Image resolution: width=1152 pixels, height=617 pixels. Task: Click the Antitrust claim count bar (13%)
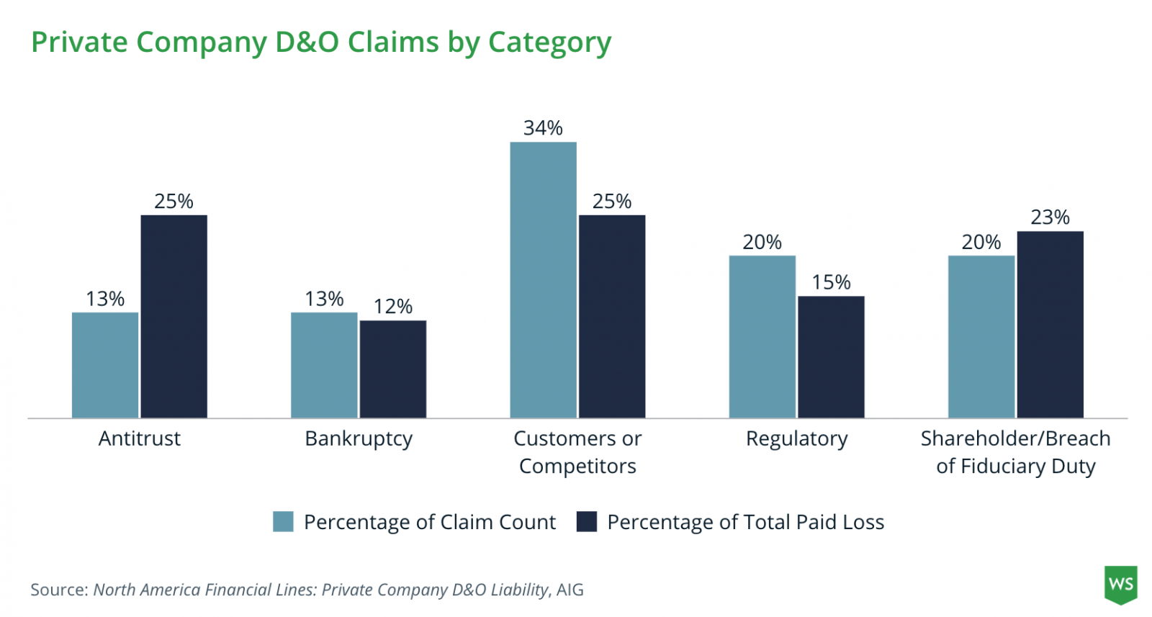(x=105, y=365)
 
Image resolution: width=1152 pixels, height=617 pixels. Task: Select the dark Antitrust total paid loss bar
(x=174, y=316)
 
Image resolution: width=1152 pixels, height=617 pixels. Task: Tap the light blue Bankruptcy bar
(x=324, y=365)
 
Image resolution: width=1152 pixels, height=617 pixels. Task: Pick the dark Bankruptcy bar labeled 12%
(x=393, y=369)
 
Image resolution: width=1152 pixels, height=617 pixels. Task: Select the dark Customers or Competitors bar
(x=612, y=316)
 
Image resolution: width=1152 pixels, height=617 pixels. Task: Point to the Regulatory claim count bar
(x=762, y=336)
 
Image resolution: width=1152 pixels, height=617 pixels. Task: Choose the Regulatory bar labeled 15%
(x=831, y=356)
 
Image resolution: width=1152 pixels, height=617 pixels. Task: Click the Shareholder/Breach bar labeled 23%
(x=1050, y=324)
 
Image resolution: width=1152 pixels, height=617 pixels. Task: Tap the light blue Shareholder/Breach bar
(x=981, y=336)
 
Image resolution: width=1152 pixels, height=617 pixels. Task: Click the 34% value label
(x=543, y=128)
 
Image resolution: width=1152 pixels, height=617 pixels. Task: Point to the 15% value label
(x=831, y=282)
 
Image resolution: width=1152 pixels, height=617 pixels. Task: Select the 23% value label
(x=1050, y=217)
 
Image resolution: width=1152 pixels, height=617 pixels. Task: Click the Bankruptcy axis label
(x=359, y=438)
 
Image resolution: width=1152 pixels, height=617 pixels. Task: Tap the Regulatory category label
(x=796, y=438)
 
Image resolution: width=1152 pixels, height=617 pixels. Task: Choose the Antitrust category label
(x=140, y=438)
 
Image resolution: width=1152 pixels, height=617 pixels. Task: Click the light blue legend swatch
(x=283, y=521)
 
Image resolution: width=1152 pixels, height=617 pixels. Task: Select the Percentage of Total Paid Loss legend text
(x=745, y=522)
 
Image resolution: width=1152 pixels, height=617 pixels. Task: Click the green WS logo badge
(x=1120, y=583)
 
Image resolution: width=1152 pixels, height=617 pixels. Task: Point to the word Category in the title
(x=549, y=43)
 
